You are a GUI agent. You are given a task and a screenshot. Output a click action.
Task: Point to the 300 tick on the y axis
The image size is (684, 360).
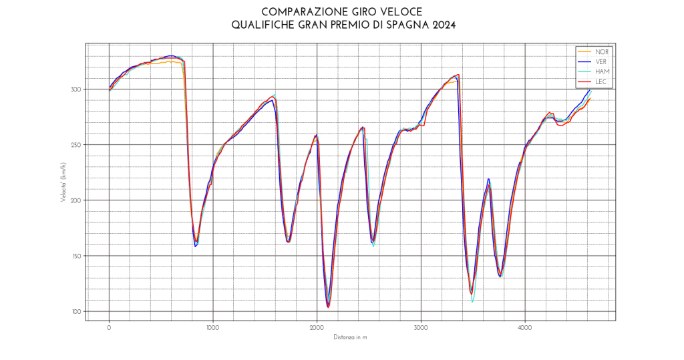pos(76,89)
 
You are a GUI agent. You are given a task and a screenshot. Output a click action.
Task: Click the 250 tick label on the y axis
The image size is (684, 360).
pos(76,145)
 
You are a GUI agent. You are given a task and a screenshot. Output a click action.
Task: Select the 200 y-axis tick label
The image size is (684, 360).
pos(76,200)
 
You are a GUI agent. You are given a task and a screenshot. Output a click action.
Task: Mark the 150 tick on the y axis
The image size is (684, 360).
pos(76,256)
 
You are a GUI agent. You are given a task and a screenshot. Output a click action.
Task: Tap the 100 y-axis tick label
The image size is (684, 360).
pos(76,311)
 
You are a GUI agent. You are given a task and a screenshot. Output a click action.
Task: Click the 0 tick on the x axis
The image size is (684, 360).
pos(109,328)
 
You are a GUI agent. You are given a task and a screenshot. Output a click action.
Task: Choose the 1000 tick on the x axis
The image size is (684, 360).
pos(213,328)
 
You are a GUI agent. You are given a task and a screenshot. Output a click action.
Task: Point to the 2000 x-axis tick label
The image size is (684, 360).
pos(317,328)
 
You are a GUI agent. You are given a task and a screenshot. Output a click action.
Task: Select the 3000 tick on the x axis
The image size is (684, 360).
pos(421,328)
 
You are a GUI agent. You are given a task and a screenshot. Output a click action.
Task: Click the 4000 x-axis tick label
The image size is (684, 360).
pos(525,328)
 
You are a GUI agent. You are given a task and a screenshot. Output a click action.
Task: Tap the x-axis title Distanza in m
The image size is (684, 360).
pos(351,337)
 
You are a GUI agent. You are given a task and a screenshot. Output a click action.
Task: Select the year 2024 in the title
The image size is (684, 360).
pos(443,25)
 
